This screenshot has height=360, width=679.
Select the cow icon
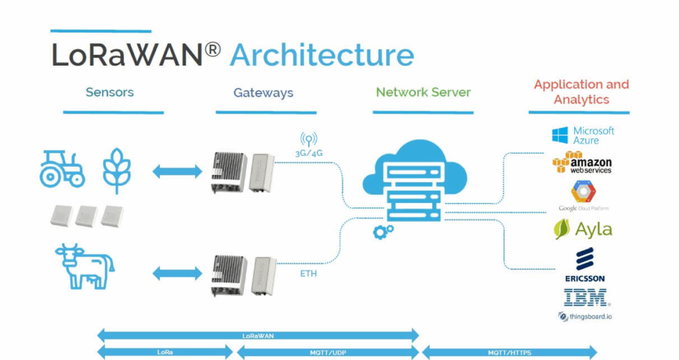click(80, 266)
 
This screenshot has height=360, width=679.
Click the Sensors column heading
click(109, 92)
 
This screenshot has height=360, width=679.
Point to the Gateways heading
click(263, 93)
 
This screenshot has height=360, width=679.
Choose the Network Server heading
click(423, 92)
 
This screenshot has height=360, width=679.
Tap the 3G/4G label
click(309, 153)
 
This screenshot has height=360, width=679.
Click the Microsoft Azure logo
click(583, 135)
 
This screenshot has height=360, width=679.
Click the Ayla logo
click(583, 229)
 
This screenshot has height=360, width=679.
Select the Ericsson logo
click(584, 264)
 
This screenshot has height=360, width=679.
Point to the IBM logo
click(586, 297)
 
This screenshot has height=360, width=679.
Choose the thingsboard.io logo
click(585, 316)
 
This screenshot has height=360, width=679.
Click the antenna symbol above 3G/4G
click(308, 139)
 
